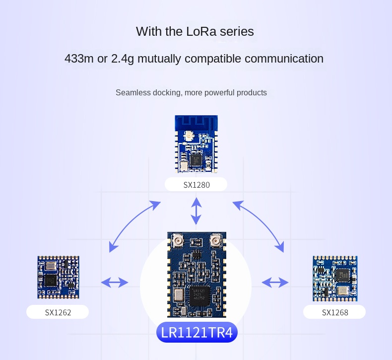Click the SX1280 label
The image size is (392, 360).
[x=196, y=185]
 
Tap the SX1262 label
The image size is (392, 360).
[x=58, y=312]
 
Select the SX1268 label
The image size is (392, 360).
[x=335, y=312]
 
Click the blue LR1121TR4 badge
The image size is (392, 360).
[x=197, y=333]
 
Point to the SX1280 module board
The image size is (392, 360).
[x=196, y=144]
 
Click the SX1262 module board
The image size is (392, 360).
[x=58, y=277]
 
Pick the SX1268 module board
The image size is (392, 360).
[x=335, y=278]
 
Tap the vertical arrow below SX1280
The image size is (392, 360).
[x=196, y=211]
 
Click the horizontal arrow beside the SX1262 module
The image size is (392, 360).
[x=115, y=283]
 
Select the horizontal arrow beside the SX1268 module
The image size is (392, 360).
[x=275, y=283]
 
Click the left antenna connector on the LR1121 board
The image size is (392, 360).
[x=176, y=242]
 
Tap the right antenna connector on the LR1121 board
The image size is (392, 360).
[x=216, y=242]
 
